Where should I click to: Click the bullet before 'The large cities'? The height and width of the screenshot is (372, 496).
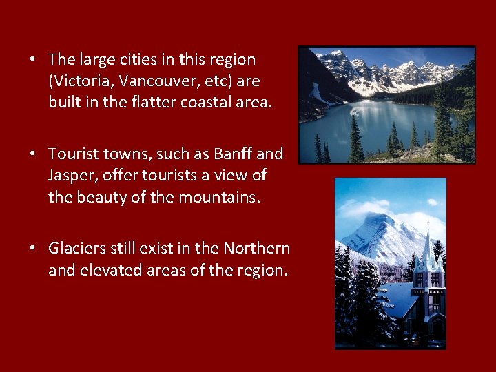pyautogui.click(x=33, y=60)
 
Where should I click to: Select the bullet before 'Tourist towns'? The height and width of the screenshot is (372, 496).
pyautogui.click(x=33, y=154)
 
